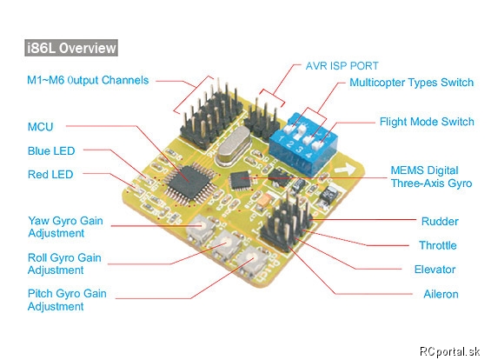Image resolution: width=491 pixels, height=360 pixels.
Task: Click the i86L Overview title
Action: [71, 48]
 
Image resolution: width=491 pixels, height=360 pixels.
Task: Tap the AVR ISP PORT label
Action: [342, 66]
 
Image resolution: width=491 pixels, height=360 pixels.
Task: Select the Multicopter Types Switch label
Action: [411, 83]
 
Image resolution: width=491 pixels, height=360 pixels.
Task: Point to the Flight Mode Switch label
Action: [427, 122]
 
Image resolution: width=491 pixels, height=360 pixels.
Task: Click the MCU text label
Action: [40, 127]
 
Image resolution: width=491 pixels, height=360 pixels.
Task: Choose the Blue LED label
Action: [51, 150]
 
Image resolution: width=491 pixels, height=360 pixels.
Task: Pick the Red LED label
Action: [50, 174]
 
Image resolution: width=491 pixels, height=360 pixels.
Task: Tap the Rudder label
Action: [440, 221]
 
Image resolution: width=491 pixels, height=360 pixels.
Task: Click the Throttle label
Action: [438, 245]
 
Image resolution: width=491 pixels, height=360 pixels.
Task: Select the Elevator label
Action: [435, 270]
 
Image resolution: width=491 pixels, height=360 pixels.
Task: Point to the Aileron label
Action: [441, 294]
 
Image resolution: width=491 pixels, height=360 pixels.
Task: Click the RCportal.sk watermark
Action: [449, 351]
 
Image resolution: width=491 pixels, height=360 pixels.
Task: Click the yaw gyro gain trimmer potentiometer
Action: [201, 230]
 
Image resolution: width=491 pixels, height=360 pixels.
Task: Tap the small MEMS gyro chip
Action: [241, 180]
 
